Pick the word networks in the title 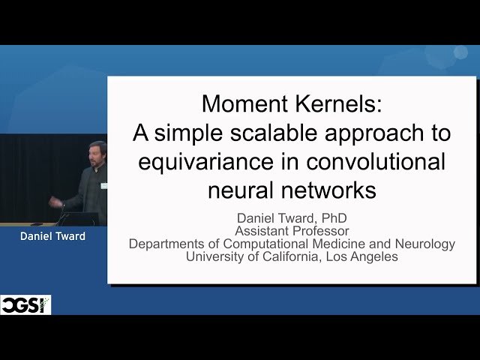click(x=328, y=190)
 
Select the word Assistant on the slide click(x=264, y=231)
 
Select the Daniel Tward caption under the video click(x=53, y=236)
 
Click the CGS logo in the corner click(x=25, y=304)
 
